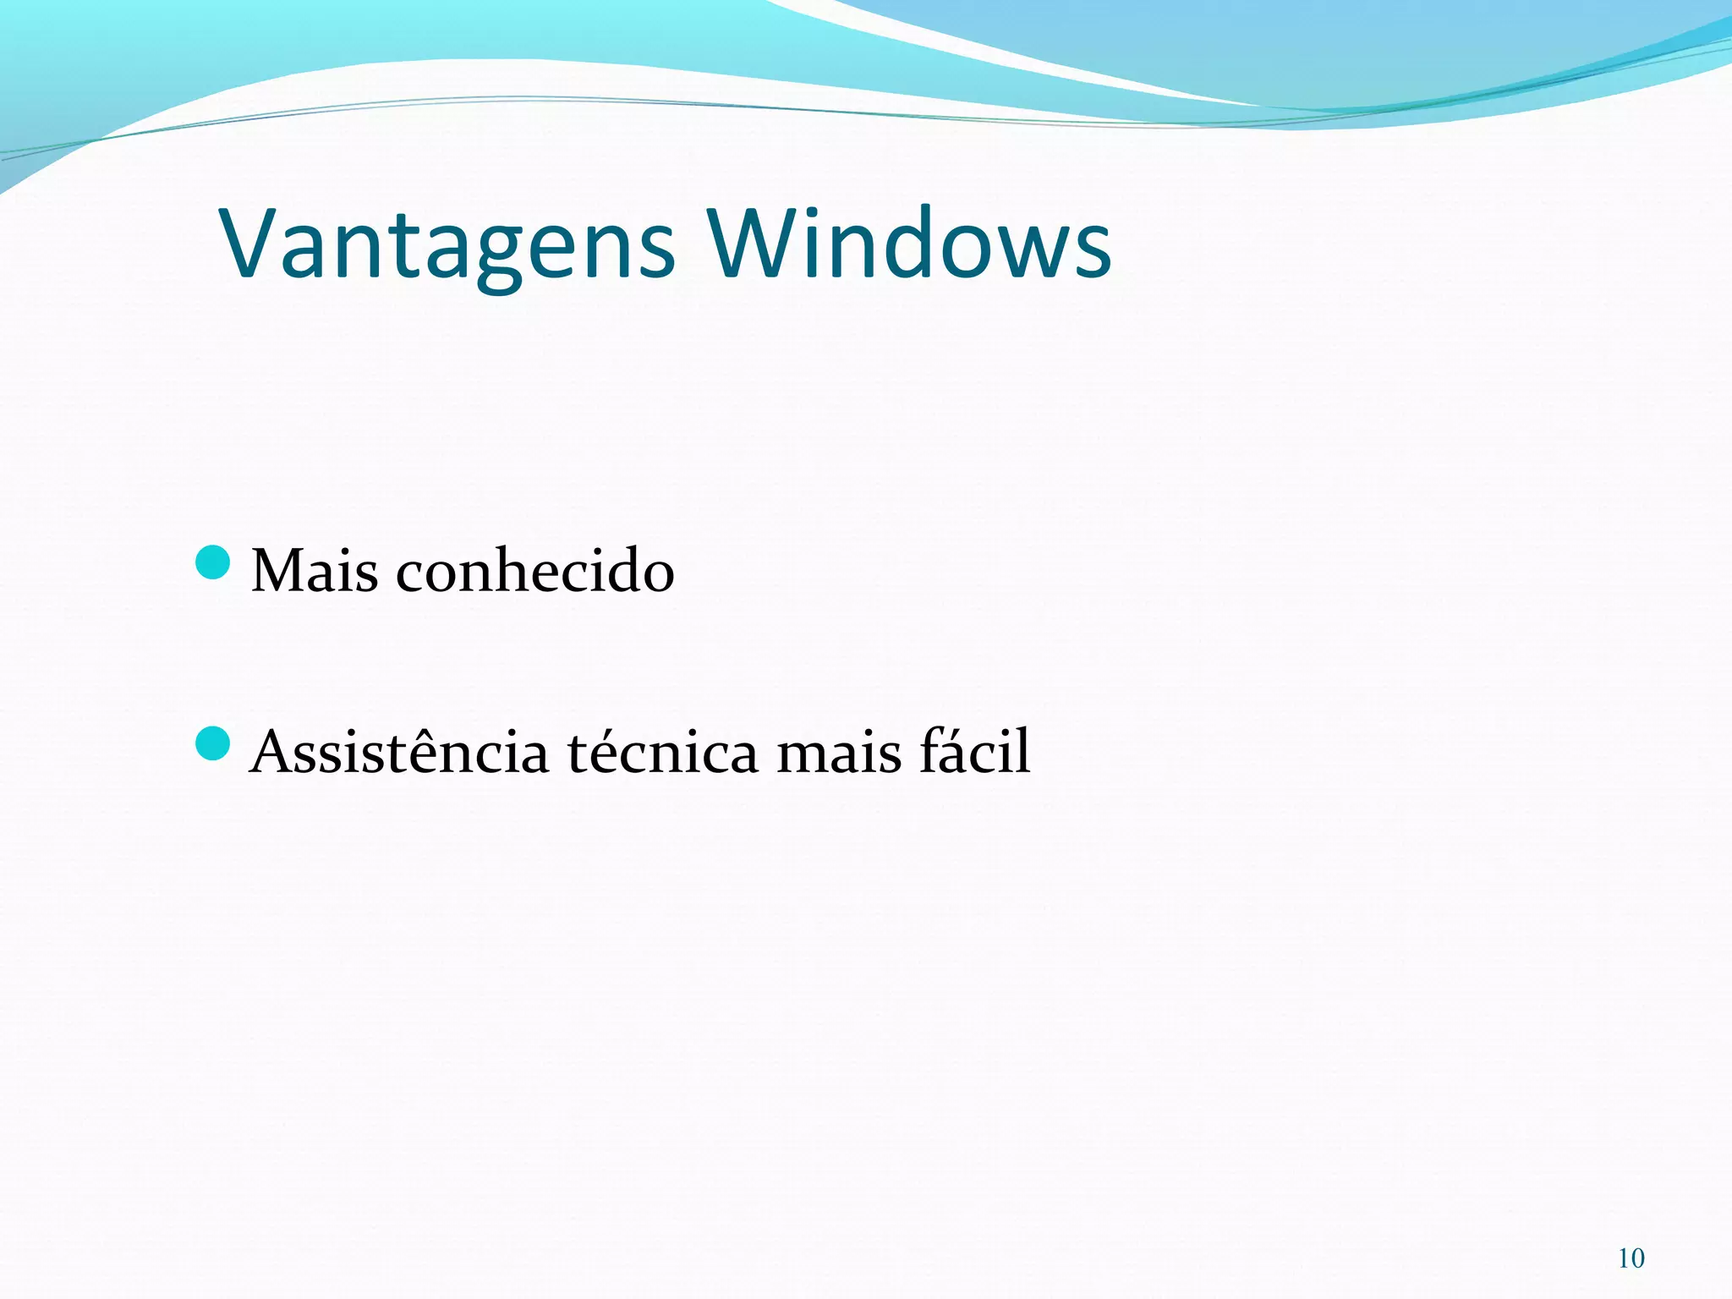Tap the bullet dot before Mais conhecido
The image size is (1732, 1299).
pos(212,563)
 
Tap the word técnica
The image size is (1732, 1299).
pos(662,751)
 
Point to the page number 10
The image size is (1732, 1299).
pos(1631,1258)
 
